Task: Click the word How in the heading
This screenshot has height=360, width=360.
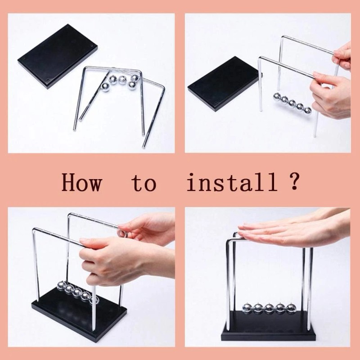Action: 81,182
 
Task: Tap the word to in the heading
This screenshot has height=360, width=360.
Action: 144,183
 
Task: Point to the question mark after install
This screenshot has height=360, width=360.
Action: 294,181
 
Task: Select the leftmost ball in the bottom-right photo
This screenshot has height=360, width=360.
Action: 247,309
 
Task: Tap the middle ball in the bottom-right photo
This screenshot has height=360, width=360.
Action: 270,309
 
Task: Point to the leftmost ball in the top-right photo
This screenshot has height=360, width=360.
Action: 277,97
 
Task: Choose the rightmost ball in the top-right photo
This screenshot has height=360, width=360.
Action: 307,111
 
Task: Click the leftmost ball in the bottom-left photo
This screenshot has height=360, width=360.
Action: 61,285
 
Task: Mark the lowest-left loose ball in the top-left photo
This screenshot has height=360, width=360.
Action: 105,87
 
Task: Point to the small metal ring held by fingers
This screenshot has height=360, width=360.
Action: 122,233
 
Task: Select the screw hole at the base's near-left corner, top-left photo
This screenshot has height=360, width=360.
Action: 48,80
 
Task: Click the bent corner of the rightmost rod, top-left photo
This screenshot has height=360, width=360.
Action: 162,87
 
